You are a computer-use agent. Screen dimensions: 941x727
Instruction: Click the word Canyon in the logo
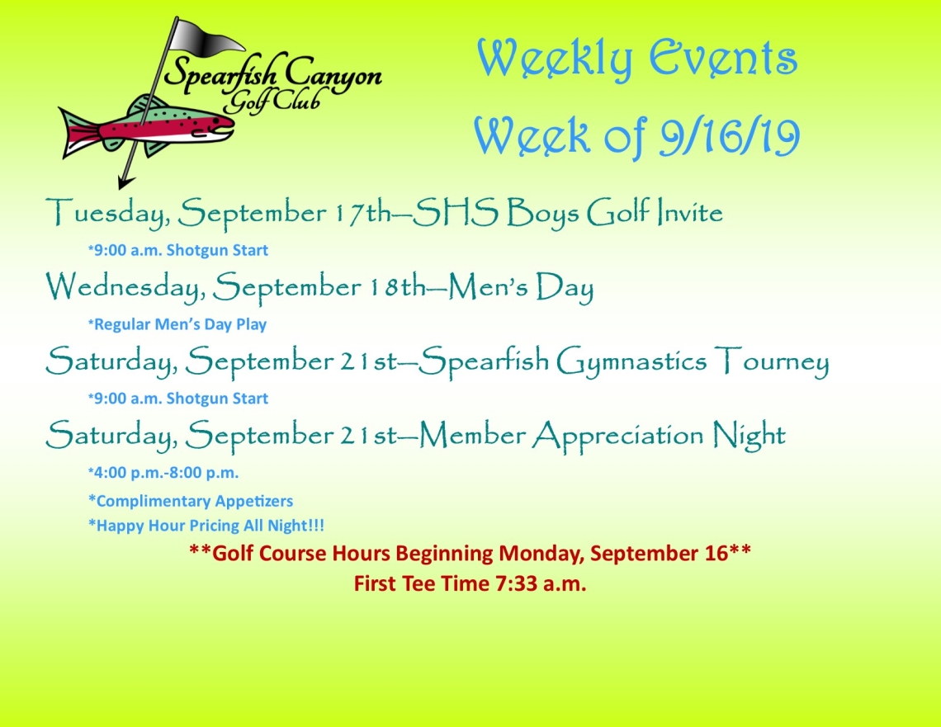point(333,76)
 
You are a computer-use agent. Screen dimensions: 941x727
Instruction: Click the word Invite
point(689,212)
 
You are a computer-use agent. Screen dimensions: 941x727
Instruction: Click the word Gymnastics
point(631,361)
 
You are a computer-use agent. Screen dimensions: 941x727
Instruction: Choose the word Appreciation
point(617,436)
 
